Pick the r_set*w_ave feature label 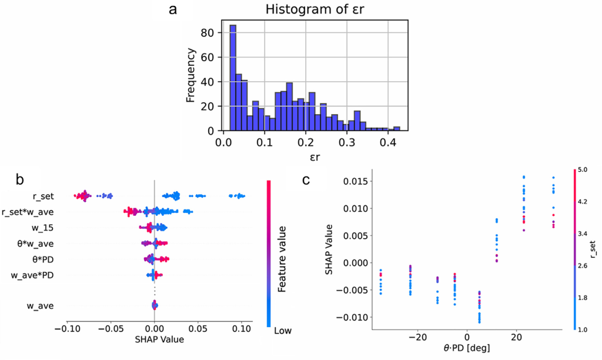29,212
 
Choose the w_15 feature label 44,228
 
